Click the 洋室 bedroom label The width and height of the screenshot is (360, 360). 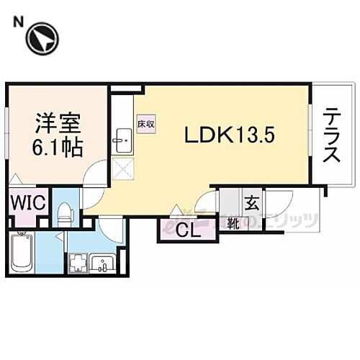pyautogui.click(x=57, y=123)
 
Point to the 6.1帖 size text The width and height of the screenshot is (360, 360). pyautogui.click(x=57, y=147)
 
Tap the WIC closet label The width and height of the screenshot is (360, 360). pyautogui.click(x=28, y=202)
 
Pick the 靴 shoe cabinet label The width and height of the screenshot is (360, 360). pyautogui.click(x=233, y=222)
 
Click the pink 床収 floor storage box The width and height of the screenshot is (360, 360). pyautogui.click(x=144, y=125)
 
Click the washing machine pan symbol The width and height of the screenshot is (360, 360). pyautogui.click(x=77, y=264)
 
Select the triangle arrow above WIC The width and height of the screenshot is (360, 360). pyautogui.click(x=16, y=178)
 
